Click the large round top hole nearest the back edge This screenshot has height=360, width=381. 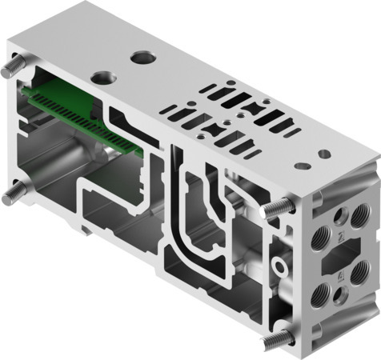[143, 58]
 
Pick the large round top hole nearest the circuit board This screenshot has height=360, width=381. [102, 77]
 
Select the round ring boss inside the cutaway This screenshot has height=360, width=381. [279, 261]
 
